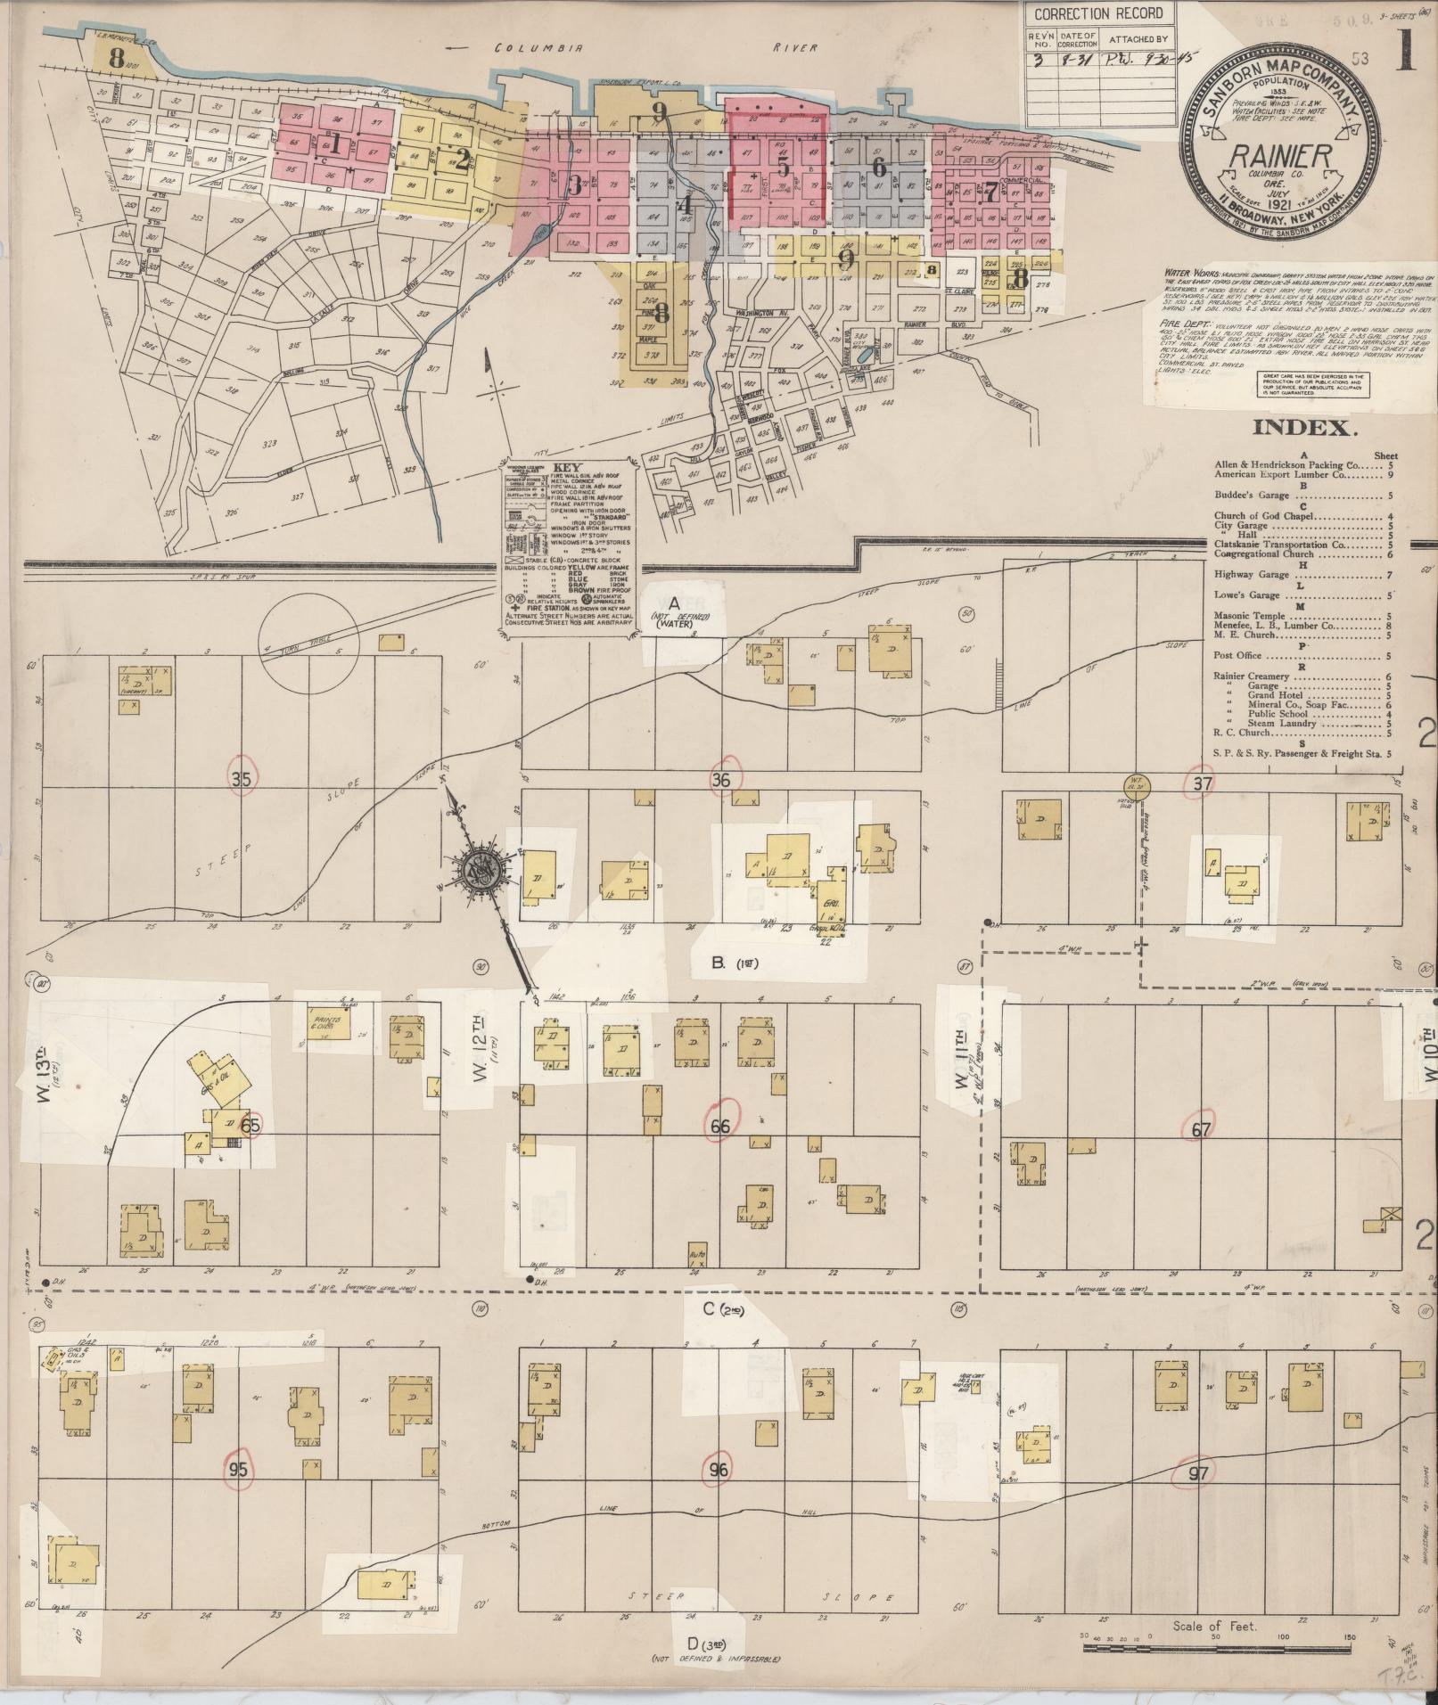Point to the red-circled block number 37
tap(1203, 783)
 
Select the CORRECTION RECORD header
tap(1098, 13)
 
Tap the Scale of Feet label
tap(1215, 1627)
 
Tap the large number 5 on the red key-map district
tap(783, 167)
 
